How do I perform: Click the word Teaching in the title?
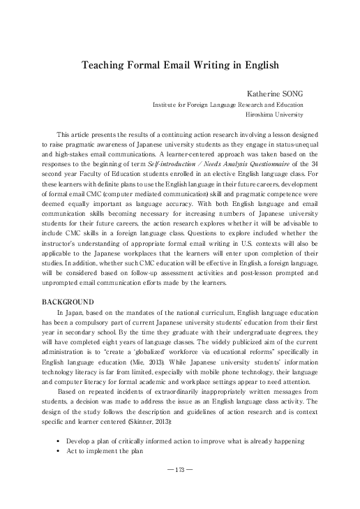coord(103,64)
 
